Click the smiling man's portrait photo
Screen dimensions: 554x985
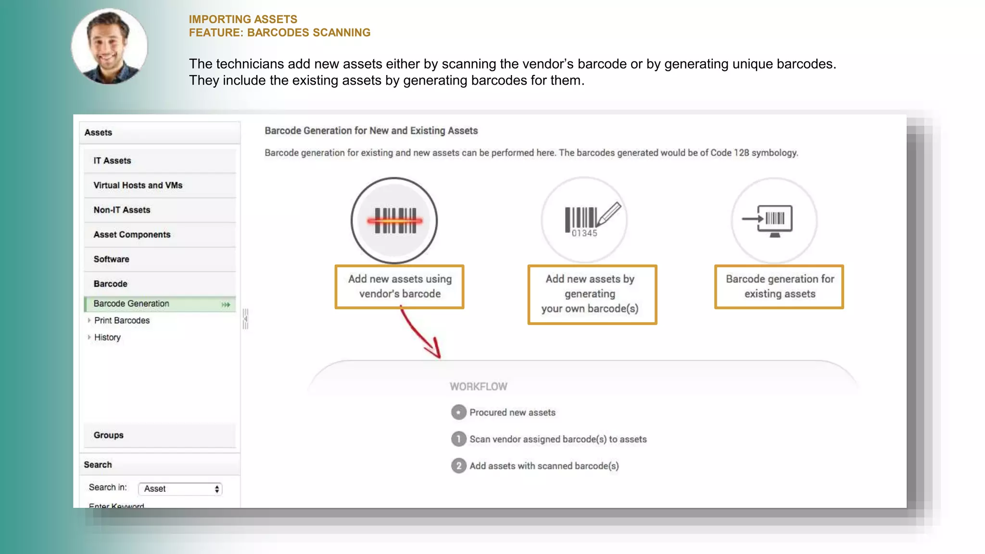[x=110, y=46]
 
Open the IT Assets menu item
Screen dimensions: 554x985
[x=112, y=161]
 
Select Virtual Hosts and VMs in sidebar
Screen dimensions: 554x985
[x=138, y=185]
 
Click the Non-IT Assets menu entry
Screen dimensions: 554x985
[x=122, y=210]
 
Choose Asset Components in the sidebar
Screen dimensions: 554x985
[x=132, y=235]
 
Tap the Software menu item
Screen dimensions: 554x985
[x=111, y=259]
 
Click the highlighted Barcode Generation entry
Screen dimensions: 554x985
[x=131, y=304]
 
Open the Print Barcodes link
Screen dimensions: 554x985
[x=122, y=320]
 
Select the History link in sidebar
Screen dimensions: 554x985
[x=107, y=337]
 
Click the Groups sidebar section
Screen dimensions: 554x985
[x=109, y=435]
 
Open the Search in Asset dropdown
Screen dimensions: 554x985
[x=180, y=489]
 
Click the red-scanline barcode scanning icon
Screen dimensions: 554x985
[x=394, y=221]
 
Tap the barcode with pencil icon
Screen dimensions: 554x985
[x=584, y=220]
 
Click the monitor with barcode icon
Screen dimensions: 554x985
[x=774, y=220]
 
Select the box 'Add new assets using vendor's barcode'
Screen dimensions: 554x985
[x=400, y=287]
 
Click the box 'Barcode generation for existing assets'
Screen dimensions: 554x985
[x=779, y=287]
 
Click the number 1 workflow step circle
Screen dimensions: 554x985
[x=459, y=439]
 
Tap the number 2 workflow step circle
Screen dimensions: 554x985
[x=459, y=466]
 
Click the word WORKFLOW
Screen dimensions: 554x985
[x=478, y=387]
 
